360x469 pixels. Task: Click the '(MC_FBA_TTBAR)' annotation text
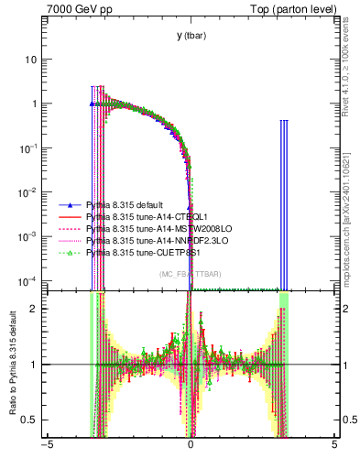(x=190, y=275)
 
